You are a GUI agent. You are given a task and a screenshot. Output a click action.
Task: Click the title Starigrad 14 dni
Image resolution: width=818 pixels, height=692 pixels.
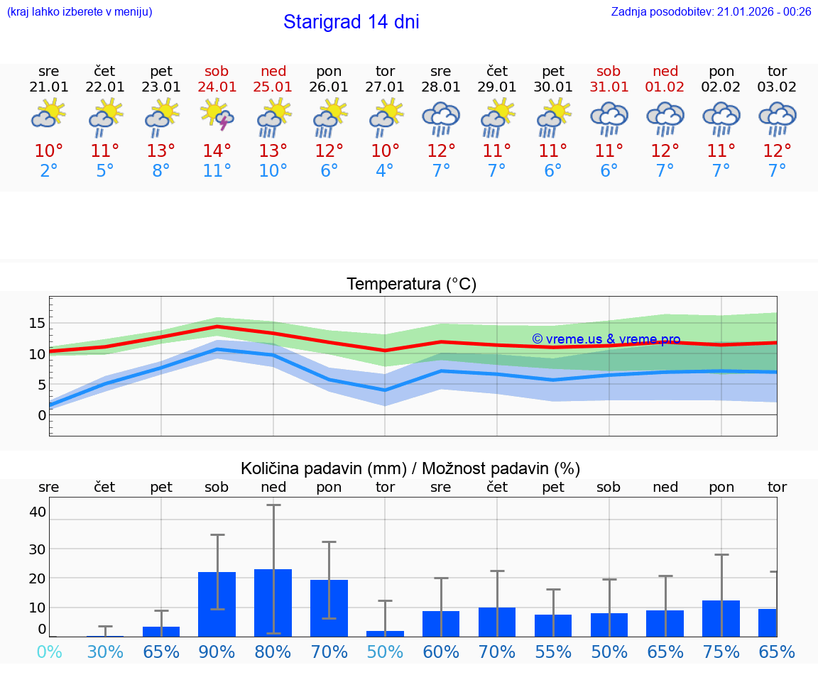351,22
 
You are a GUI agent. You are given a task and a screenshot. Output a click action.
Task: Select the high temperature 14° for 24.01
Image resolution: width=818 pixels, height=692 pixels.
217,150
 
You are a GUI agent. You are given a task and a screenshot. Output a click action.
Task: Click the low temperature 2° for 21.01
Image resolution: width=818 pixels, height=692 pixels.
49,170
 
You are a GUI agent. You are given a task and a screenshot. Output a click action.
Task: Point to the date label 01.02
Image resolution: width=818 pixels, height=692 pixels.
665,87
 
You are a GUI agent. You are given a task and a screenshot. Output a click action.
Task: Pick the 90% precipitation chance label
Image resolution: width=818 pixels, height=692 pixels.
217,652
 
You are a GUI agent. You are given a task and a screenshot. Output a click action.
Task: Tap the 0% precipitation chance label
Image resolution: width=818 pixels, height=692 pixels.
49,652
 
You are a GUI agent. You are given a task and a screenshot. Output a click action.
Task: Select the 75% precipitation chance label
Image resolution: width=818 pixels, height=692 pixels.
721,652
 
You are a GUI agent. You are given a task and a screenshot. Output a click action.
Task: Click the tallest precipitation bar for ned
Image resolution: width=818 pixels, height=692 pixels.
273,603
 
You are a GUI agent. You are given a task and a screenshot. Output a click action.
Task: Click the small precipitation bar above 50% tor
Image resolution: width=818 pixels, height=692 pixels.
385,633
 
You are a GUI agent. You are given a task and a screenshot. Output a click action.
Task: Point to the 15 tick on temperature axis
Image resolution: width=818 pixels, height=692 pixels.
37,323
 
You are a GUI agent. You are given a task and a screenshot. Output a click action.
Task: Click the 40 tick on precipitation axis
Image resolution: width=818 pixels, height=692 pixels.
37,512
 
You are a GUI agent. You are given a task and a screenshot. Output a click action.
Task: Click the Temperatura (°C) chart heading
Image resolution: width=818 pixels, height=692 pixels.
411,285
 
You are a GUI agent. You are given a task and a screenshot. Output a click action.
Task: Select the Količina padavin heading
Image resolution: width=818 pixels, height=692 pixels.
410,468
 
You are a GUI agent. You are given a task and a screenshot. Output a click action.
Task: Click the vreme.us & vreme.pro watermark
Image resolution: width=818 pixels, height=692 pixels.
606,339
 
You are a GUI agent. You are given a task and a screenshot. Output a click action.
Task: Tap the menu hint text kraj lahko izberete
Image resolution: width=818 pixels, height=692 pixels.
80,11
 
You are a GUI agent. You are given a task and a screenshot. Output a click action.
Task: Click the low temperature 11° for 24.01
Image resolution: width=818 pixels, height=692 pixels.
217,170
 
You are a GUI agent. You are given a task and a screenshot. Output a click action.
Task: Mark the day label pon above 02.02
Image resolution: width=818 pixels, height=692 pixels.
721,71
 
